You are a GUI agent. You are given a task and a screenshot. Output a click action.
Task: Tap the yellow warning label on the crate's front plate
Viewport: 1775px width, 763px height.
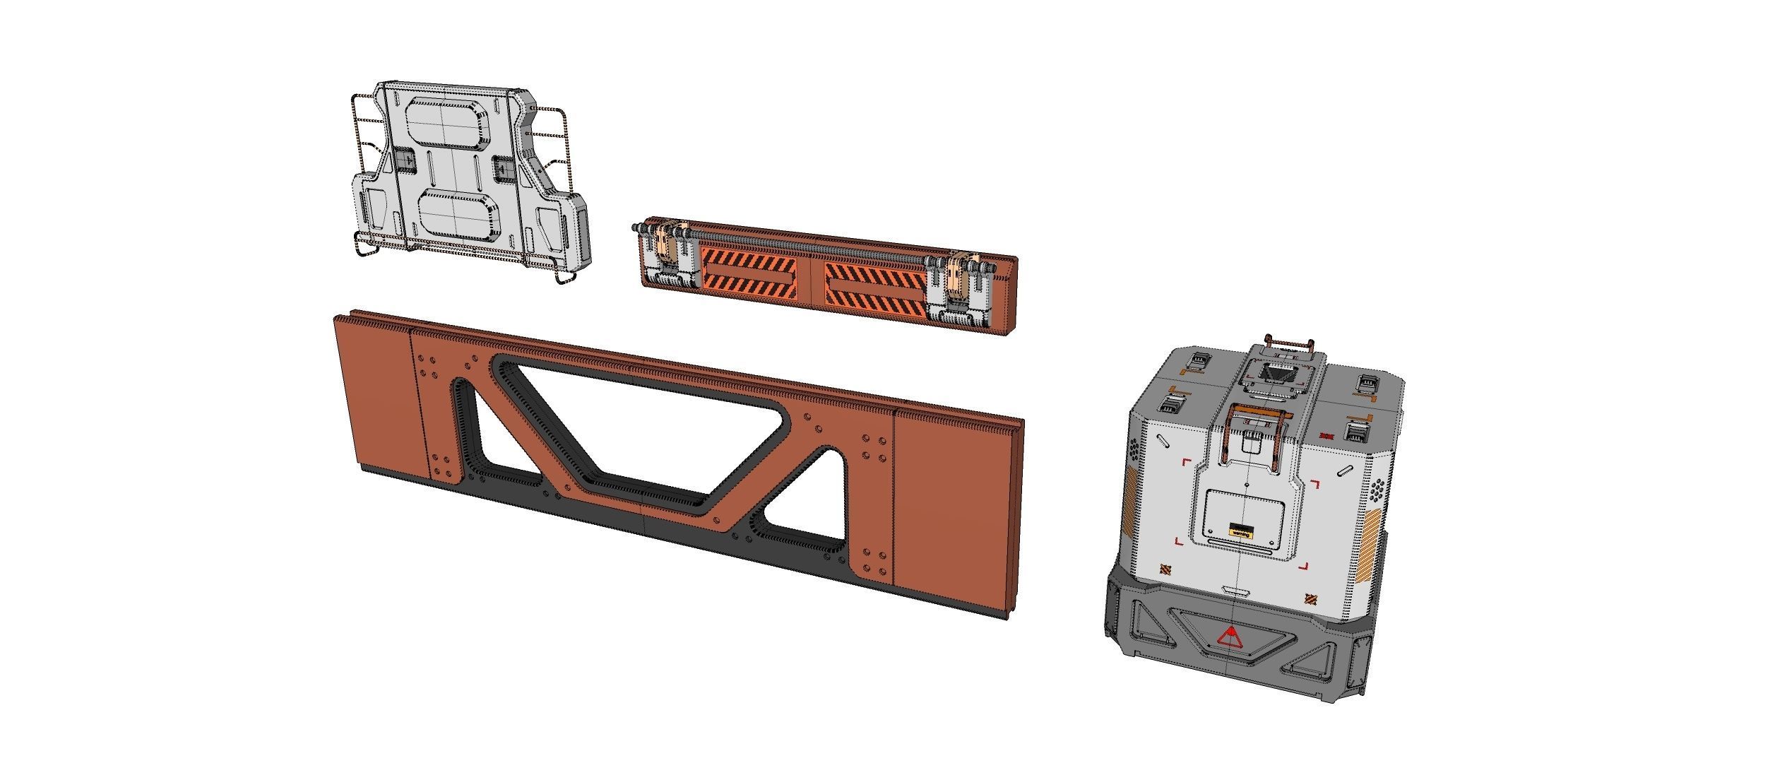[1240, 530]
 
